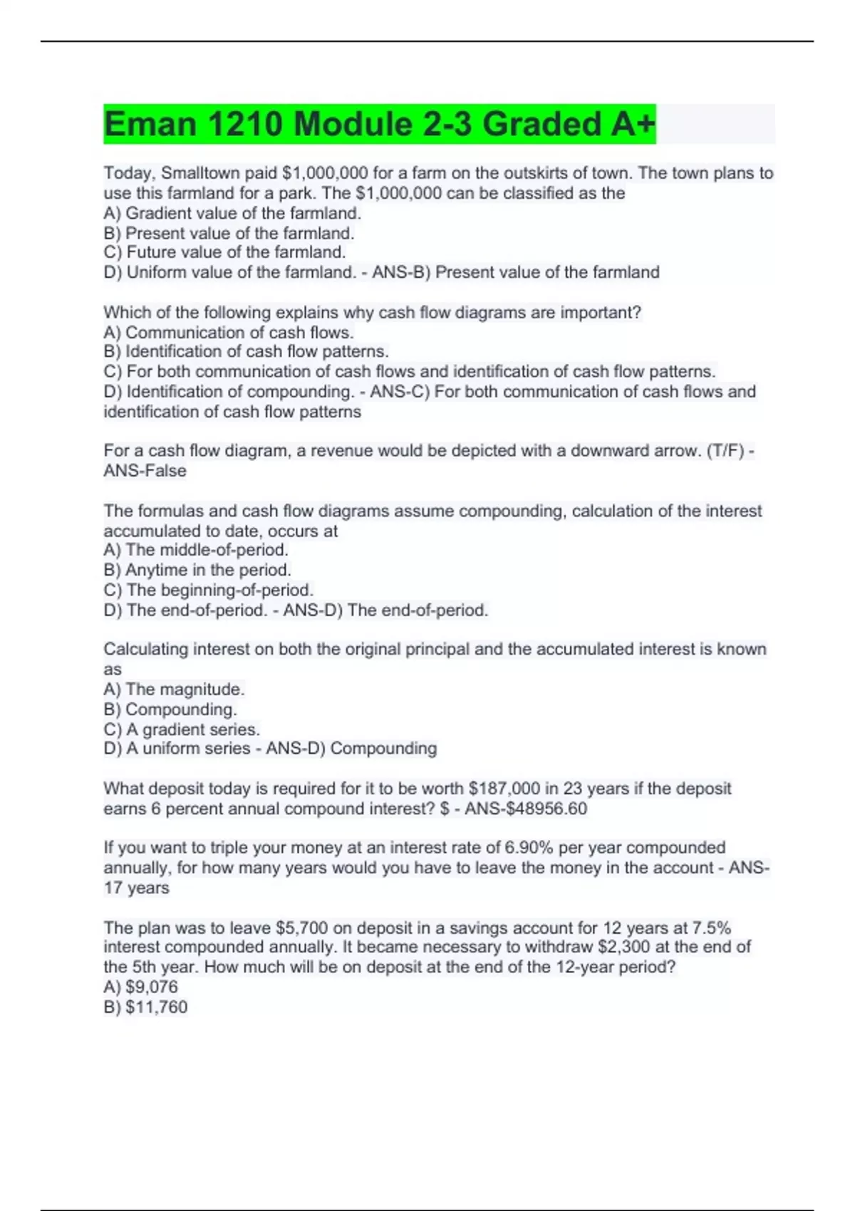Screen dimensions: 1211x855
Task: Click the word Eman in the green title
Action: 150,124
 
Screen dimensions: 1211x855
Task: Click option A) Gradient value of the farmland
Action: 232,213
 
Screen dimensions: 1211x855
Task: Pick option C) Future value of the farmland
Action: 224,252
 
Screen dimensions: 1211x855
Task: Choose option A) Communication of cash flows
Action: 229,333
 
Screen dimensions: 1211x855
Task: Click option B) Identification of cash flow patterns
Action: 246,352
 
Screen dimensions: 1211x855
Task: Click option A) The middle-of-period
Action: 196,550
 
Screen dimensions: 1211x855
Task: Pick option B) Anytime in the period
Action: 197,570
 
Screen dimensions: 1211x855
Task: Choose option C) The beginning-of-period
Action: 209,590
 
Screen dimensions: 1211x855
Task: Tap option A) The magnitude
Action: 174,689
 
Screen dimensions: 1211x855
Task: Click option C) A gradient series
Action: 182,729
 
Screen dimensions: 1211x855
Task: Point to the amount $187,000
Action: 504,789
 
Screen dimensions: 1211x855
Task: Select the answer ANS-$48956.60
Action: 526,809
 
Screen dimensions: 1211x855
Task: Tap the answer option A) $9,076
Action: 141,987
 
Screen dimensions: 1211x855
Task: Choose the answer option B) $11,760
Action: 145,1007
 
